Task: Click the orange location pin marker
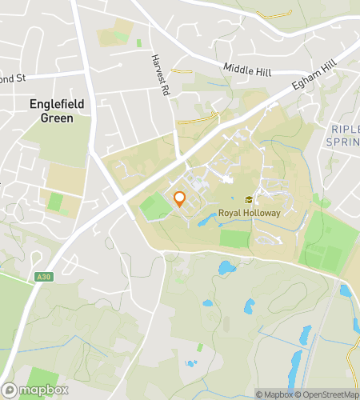tap(180, 199)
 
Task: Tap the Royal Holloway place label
tap(249, 214)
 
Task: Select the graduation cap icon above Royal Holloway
tap(249, 200)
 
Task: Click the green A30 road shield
tap(44, 278)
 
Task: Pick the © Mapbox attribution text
tap(274, 394)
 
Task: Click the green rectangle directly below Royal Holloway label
tap(234, 238)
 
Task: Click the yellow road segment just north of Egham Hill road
tap(198, 120)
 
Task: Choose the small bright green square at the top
tap(138, 42)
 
